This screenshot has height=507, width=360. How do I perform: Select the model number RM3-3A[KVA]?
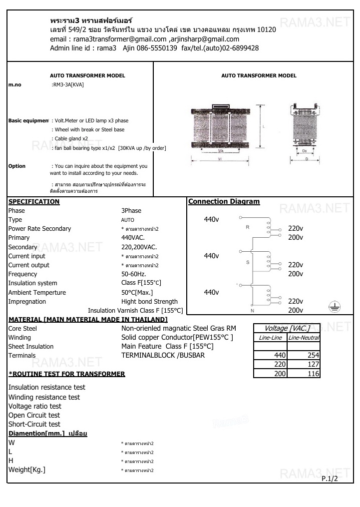(x=68, y=85)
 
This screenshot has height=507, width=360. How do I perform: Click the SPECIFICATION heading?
(x=34, y=202)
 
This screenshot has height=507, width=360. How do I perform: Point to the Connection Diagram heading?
(x=224, y=202)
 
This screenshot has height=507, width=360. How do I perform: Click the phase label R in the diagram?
(x=247, y=227)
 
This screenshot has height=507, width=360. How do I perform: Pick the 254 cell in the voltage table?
(x=313, y=355)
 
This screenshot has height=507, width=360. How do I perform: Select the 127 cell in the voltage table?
(x=313, y=364)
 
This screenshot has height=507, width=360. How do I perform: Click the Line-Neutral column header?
(x=304, y=338)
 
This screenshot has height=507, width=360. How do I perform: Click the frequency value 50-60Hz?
(x=134, y=274)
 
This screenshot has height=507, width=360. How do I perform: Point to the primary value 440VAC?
(x=133, y=238)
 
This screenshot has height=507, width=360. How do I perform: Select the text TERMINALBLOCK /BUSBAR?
(x=163, y=355)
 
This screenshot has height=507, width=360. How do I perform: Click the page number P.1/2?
(x=330, y=479)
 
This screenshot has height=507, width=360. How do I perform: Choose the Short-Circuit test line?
(x=34, y=425)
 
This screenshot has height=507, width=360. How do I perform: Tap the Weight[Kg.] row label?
(x=27, y=470)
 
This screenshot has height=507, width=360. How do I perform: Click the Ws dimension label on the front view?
(x=221, y=150)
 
